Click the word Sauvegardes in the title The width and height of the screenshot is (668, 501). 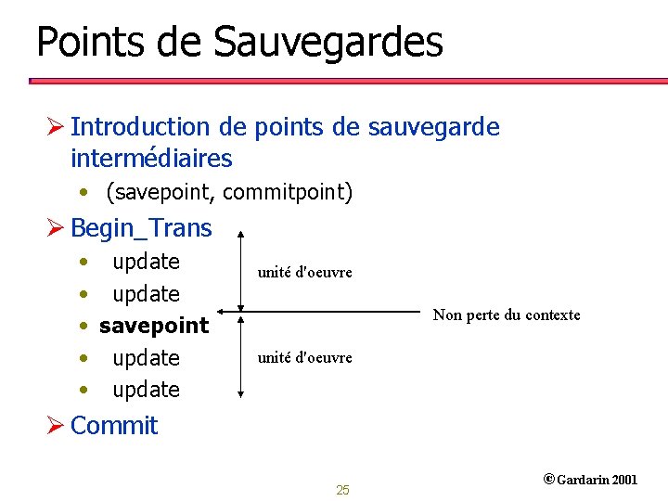[x=328, y=43]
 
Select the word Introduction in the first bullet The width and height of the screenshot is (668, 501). [x=140, y=126]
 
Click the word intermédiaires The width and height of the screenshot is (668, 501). [x=151, y=159]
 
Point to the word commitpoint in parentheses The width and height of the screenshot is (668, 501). [x=288, y=192]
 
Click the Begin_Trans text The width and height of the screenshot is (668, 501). [x=141, y=227]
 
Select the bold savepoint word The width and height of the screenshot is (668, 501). [x=154, y=326]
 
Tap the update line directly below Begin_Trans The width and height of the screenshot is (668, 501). [x=146, y=262]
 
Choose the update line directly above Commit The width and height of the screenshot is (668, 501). [x=146, y=390]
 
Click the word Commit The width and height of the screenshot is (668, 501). [x=114, y=426]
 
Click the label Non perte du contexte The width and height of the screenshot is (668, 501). [x=507, y=315]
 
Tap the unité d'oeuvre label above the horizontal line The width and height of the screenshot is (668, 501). [x=304, y=273]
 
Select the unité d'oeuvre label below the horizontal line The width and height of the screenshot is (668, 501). [x=304, y=357]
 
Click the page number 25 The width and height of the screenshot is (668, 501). [x=342, y=490]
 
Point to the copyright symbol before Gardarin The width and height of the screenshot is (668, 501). [x=548, y=480]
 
